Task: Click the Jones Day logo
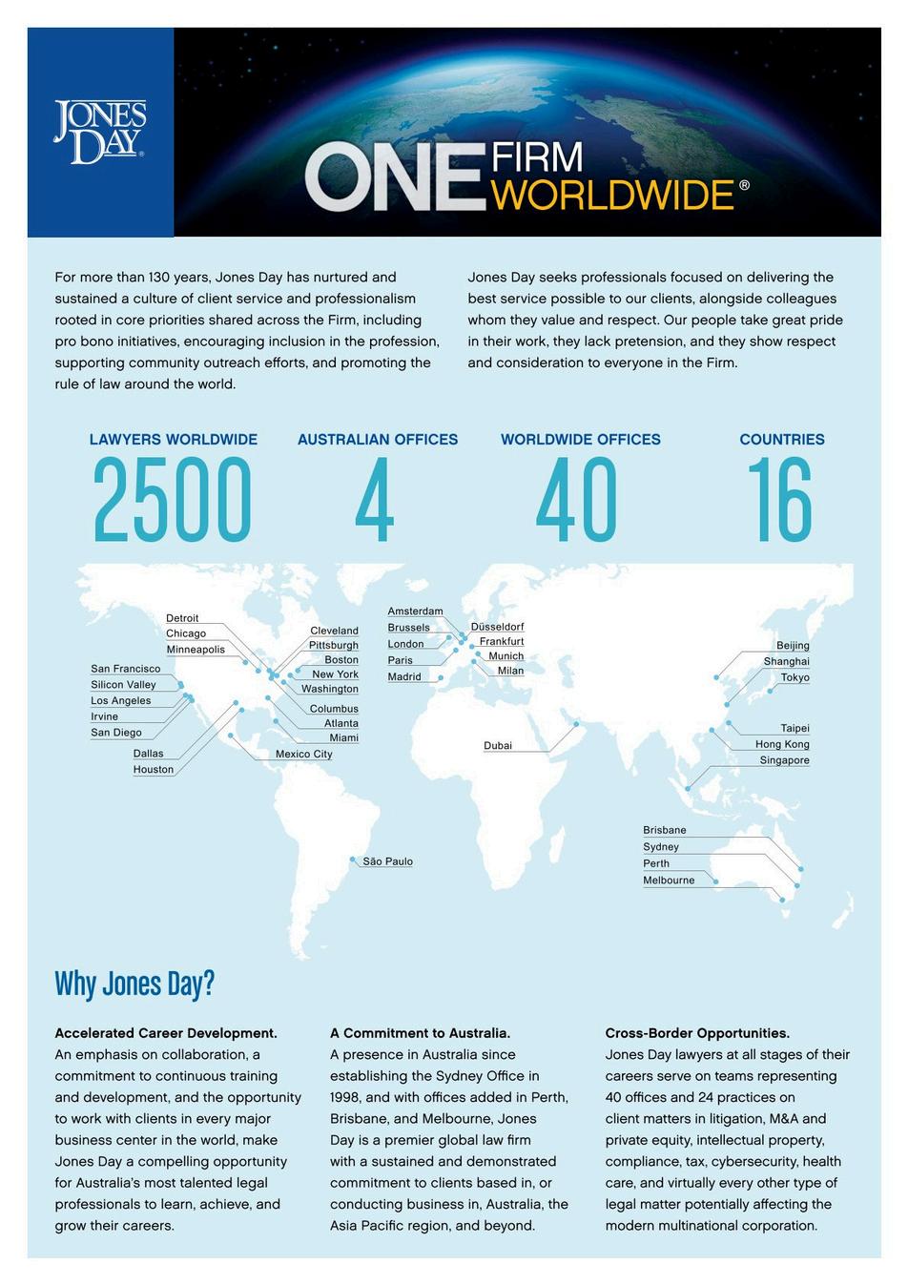point(99,133)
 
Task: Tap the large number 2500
point(172,500)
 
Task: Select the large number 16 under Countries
point(779,500)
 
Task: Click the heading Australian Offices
point(378,440)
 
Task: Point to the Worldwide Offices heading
point(580,440)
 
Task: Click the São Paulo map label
point(387,861)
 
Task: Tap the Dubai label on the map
point(498,746)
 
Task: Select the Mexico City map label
point(303,755)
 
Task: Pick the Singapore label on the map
point(784,760)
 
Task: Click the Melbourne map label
point(669,881)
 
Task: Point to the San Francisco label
point(126,669)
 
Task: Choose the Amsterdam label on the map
point(415,611)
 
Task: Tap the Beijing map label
point(792,646)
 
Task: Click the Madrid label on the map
point(404,676)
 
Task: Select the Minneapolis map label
point(196,650)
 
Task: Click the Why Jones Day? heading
point(134,984)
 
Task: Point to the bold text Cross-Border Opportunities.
point(697,1033)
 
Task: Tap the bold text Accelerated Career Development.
point(166,1033)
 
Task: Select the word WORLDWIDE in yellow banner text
point(615,195)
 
